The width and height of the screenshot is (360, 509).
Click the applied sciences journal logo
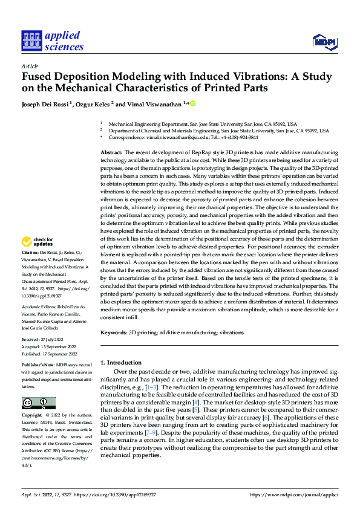52,41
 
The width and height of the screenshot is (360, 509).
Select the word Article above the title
30,66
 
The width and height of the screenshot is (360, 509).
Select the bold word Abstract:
111,152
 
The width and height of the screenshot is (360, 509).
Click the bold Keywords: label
113,332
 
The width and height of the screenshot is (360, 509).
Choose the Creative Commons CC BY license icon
38,403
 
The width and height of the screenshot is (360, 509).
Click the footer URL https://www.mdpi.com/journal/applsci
293,494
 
